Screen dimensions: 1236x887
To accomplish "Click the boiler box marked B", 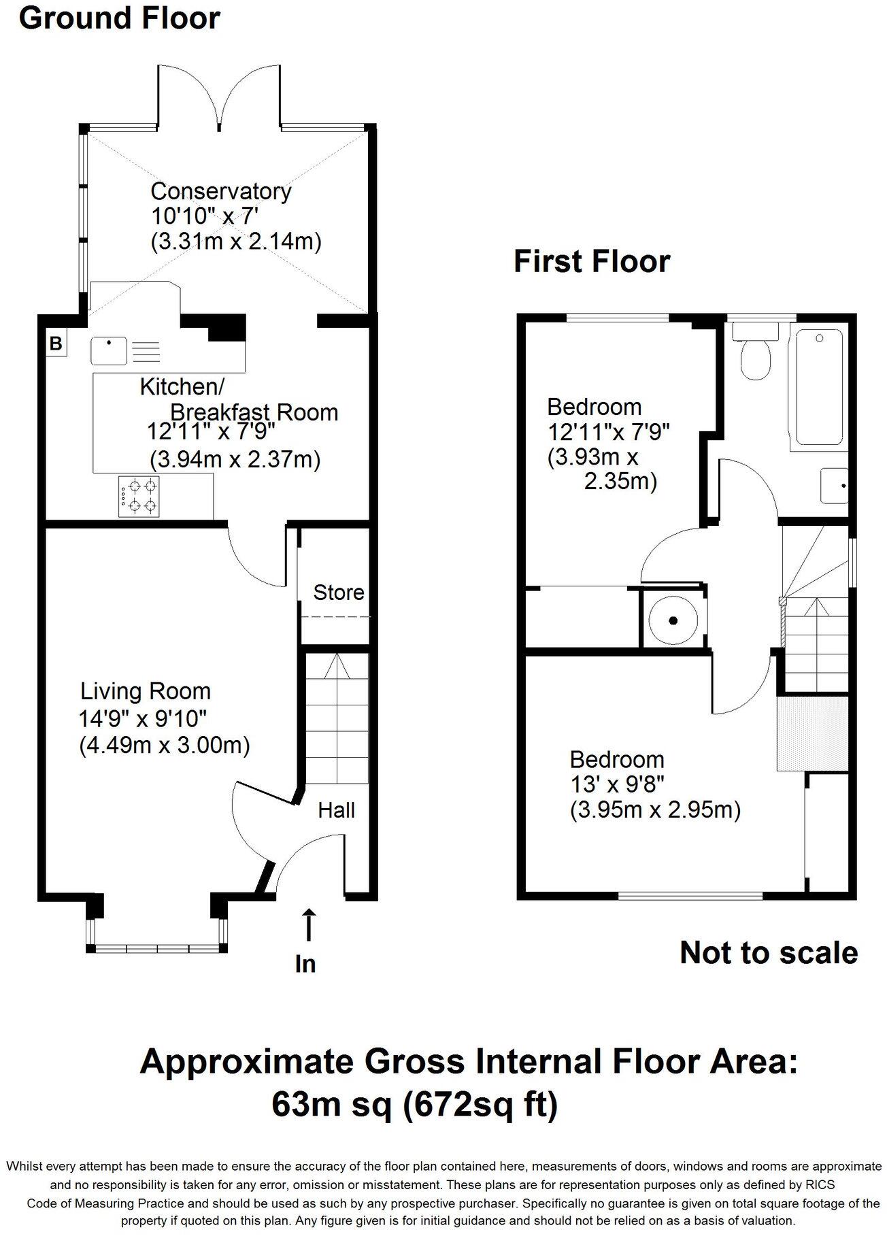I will point(56,343).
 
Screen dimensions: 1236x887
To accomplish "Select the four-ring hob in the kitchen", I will point(141,495).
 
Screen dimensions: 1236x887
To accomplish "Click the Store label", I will point(338,592).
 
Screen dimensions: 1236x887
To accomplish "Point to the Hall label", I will point(337,810).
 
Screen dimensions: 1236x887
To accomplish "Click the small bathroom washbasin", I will point(835,485).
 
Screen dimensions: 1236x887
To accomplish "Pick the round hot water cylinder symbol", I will point(673,620).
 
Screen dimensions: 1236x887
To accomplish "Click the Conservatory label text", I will point(220,191).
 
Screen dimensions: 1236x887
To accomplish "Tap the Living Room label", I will point(146,692).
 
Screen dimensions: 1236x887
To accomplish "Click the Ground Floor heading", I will point(119,18).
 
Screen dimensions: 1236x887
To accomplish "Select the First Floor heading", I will point(591,261).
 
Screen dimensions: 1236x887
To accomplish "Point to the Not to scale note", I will point(768,953).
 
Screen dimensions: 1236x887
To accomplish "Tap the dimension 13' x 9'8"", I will point(617,784).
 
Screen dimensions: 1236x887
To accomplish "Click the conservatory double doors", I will point(219,97).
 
